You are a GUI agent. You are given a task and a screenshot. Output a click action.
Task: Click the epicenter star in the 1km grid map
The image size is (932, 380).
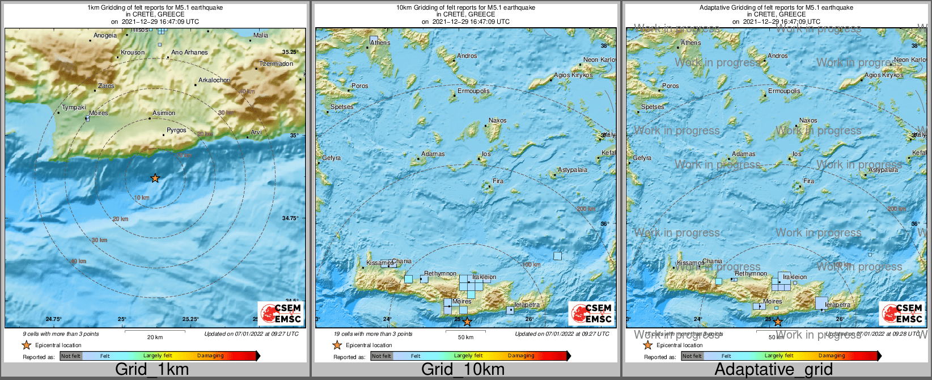(x=155, y=178)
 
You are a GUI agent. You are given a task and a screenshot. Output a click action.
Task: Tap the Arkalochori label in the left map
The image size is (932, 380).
(x=214, y=80)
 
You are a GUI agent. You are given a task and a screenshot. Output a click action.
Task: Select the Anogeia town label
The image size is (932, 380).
(x=105, y=35)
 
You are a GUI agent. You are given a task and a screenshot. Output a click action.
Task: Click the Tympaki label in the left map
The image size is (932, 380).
(x=74, y=107)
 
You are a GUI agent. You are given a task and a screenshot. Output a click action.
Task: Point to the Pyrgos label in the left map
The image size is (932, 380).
(x=176, y=130)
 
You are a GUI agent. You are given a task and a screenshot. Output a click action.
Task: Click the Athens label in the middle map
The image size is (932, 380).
(x=380, y=43)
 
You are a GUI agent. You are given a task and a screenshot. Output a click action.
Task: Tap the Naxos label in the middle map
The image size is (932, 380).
(x=497, y=120)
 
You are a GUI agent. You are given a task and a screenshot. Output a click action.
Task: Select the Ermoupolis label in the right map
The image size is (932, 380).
(x=784, y=91)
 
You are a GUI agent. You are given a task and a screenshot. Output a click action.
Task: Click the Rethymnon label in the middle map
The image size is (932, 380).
(x=440, y=273)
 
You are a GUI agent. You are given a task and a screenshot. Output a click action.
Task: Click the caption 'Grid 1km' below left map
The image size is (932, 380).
(x=152, y=369)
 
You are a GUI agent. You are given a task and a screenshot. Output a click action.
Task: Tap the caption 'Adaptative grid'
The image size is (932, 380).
(x=773, y=369)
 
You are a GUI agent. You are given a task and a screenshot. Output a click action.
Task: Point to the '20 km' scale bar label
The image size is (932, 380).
(x=155, y=337)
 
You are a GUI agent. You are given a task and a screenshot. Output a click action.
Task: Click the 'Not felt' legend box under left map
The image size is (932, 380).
(x=71, y=356)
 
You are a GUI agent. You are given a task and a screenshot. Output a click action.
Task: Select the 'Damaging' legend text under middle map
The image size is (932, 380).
(x=521, y=356)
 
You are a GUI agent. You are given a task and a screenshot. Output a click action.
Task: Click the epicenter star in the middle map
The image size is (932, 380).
(x=467, y=322)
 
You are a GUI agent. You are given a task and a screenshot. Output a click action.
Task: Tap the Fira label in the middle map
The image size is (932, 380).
(x=498, y=181)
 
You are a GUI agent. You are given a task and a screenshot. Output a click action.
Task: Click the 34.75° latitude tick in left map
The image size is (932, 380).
(x=290, y=218)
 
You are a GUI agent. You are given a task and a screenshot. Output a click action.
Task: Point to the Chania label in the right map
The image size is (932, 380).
(x=712, y=261)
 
